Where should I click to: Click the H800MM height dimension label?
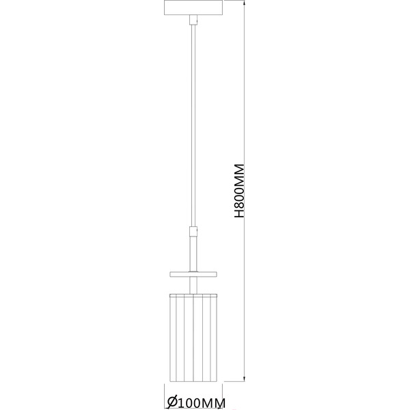[x=240, y=191]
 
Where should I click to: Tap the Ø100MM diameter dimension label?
[x=196, y=402]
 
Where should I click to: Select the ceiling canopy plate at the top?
[x=193, y=8]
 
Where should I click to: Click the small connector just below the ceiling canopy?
[x=193, y=20]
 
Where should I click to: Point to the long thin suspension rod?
[x=193, y=126]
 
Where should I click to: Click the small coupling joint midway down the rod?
[x=193, y=232]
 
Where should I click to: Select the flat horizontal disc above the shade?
[x=193, y=274]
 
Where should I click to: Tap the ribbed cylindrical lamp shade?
[x=193, y=338]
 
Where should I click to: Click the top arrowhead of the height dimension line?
[x=244, y=3]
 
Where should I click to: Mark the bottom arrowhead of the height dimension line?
[x=244, y=379]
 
